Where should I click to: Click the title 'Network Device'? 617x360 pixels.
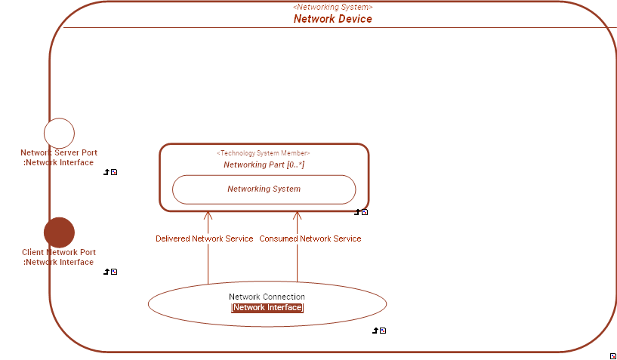point(332,19)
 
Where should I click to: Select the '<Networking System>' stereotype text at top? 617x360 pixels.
point(332,7)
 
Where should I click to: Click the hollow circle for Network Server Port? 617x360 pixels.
point(59,134)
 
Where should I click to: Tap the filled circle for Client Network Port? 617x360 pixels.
point(59,232)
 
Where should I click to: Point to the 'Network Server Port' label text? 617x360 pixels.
point(59,152)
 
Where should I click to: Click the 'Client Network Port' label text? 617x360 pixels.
point(59,252)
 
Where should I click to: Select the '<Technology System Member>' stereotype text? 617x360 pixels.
point(264,153)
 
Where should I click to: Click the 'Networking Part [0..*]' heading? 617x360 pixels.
point(264,165)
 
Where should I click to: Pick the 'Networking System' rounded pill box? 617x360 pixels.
point(264,189)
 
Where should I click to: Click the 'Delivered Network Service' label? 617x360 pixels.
point(205,238)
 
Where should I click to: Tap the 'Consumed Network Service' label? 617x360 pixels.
point(310,238)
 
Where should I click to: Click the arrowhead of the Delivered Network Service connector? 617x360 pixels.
point(208,216)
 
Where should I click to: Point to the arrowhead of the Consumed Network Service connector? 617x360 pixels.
point(297,216)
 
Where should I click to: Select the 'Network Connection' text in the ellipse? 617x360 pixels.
point(267,297)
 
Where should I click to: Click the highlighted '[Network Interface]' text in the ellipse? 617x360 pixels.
point(267,308)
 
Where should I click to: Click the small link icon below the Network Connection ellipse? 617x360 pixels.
point(380,331)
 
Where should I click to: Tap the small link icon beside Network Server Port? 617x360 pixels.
point(111,172)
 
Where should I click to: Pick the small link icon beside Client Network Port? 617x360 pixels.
point(111,272)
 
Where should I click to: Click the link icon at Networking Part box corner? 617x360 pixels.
point(362,212)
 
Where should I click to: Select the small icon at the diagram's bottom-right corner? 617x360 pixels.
point(612,355)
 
